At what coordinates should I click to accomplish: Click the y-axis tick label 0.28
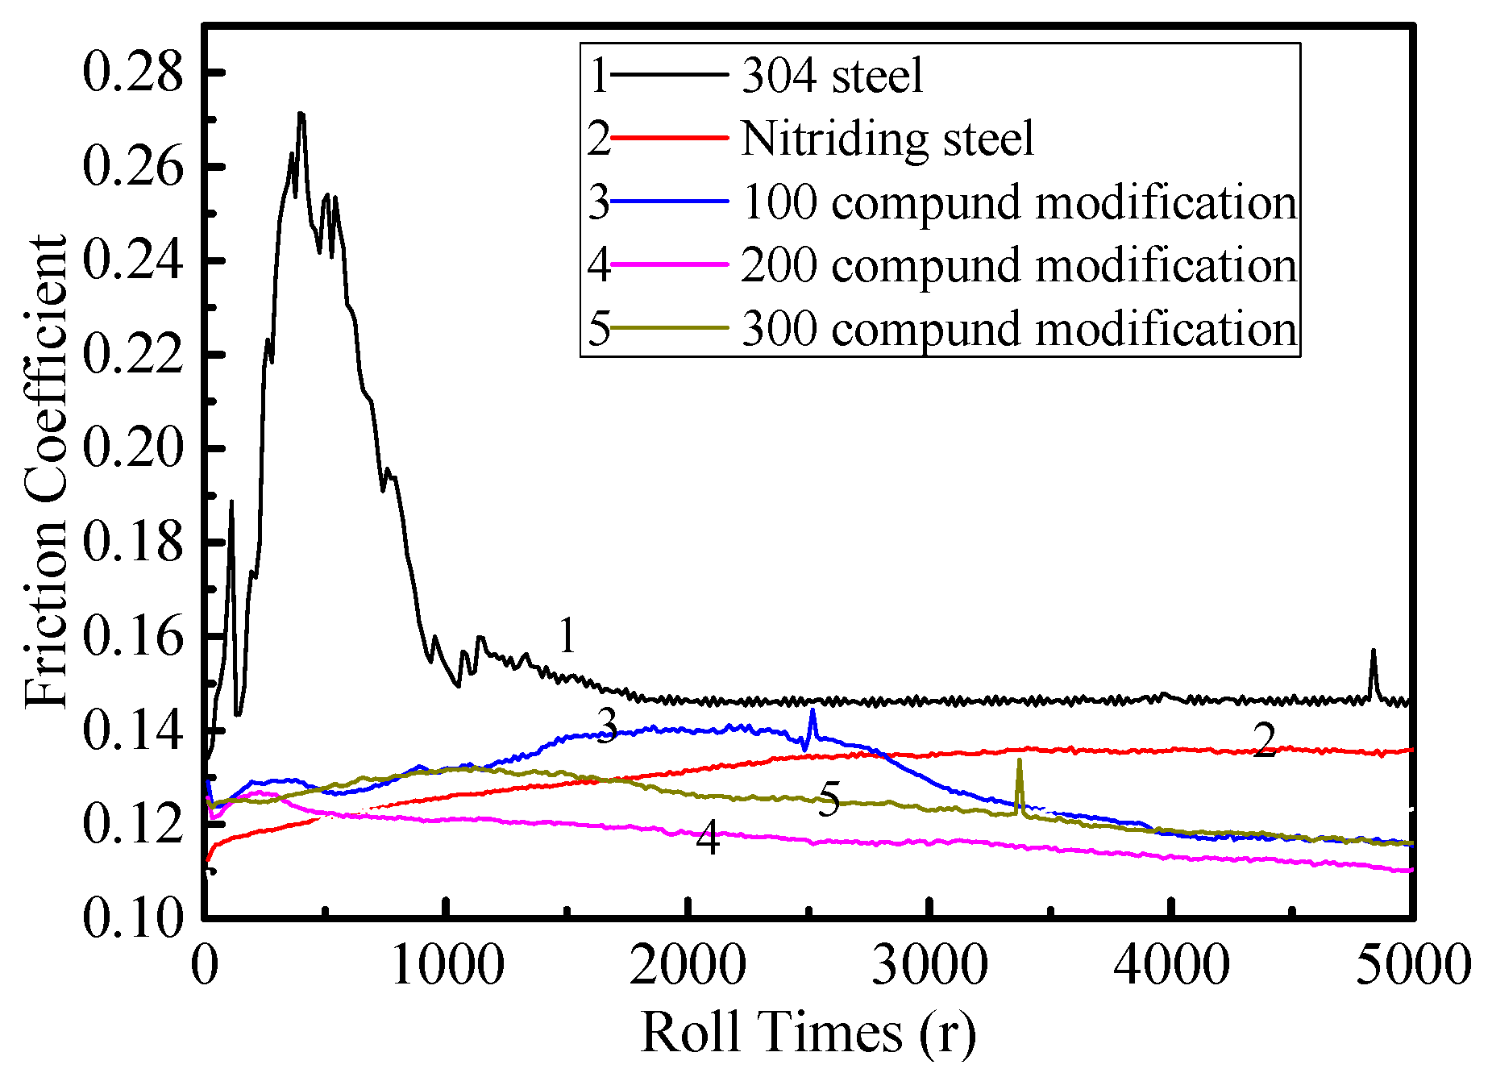[x=133, y=74]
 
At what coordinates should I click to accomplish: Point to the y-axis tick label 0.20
[x=133, y=449]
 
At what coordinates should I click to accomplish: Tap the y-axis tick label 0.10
[x=133, y=918]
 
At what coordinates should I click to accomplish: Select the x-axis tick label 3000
[x=929, y=965]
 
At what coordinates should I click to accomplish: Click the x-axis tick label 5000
[x=1413, y=965]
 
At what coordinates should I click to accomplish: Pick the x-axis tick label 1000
[x=447, y=965]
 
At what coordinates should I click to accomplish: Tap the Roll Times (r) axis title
[x=808, y=1032]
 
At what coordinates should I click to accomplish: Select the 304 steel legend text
[x=832, y=76]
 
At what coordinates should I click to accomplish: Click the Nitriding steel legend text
[x=887, y=139]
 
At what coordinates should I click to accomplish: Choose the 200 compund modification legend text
[x=1019, y=265]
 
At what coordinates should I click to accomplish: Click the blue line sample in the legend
[x=669, y=202]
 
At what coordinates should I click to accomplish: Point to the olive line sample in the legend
[x=669, y=328]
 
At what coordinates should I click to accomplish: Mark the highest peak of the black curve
[x=301, y=114]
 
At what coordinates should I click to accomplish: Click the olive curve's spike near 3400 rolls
[x=1020, y=761]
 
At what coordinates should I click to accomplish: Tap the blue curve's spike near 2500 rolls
[x=812, y=711]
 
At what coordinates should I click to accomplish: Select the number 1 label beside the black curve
[x=567, y=636]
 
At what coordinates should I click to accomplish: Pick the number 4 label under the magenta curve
[x=708, y=838]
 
